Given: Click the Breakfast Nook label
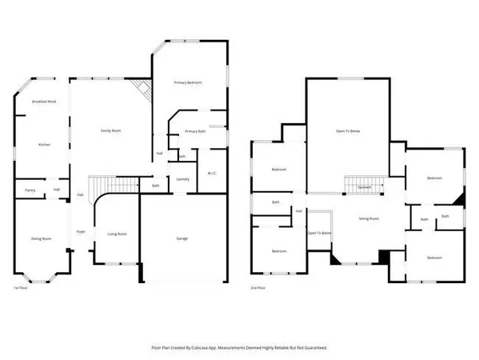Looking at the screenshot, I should tap(44, 102).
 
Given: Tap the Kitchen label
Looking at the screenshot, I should tap(45, 144).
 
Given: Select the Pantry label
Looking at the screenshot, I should tap(30, 190).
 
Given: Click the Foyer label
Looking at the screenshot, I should tap(81, 232).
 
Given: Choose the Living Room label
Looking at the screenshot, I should tap(118, 234).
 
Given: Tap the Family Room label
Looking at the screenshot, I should tap(110, 130).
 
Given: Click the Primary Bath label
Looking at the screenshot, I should tap(195, 131).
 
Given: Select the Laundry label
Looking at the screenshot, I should tap(182, 179).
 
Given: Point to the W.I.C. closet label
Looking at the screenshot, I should tap(213, 173).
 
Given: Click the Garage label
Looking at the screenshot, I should tap(183, 238).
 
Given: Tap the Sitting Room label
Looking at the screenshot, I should tap(367, 217).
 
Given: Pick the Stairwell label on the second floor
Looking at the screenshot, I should tap(364, 187).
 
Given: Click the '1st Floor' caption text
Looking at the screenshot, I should tap(22, 288).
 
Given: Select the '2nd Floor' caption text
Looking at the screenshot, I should tap(258, 288).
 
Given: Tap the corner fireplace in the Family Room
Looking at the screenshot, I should tap(142, 89).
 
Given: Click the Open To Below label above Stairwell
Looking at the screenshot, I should tap(349, 130).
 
